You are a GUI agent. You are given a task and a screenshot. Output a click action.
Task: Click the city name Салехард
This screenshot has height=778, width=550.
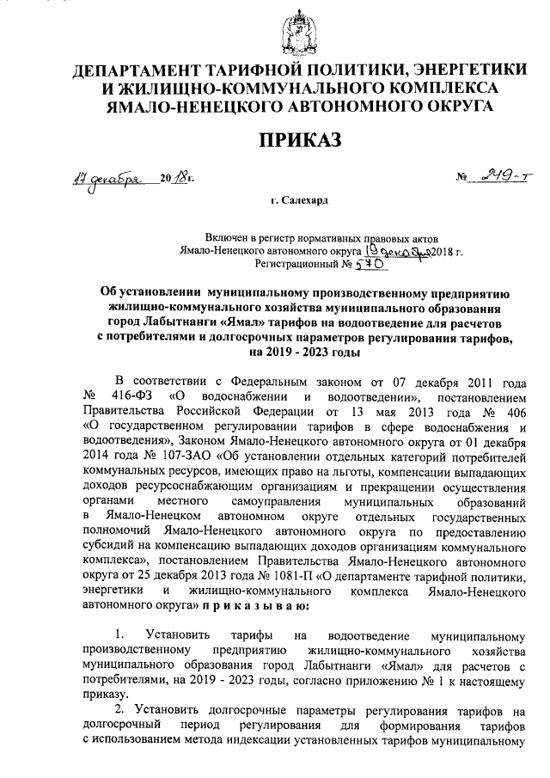pyautogui.click(x=302, y=199)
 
